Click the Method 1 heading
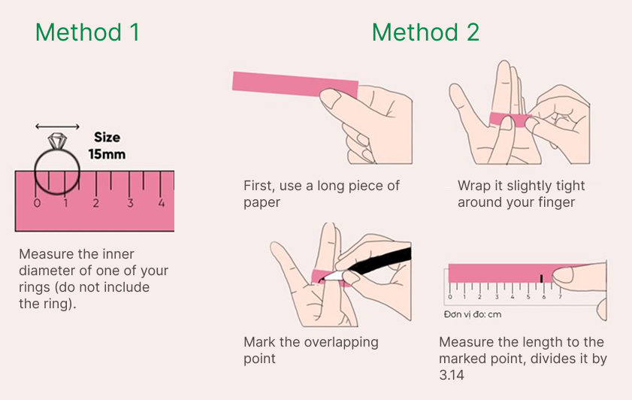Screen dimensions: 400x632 87,32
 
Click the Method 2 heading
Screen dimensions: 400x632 425,32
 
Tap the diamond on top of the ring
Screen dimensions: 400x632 58,141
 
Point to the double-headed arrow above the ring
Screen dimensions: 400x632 57,126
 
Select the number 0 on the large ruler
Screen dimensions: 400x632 37,203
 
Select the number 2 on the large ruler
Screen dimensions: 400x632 96,203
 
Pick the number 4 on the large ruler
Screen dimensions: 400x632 161,203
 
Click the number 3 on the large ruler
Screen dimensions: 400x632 130,203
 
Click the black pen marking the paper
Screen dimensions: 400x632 383,260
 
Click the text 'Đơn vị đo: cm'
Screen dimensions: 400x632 473,315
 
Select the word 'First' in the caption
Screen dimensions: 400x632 260,186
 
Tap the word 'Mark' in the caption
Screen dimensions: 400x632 260,342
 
